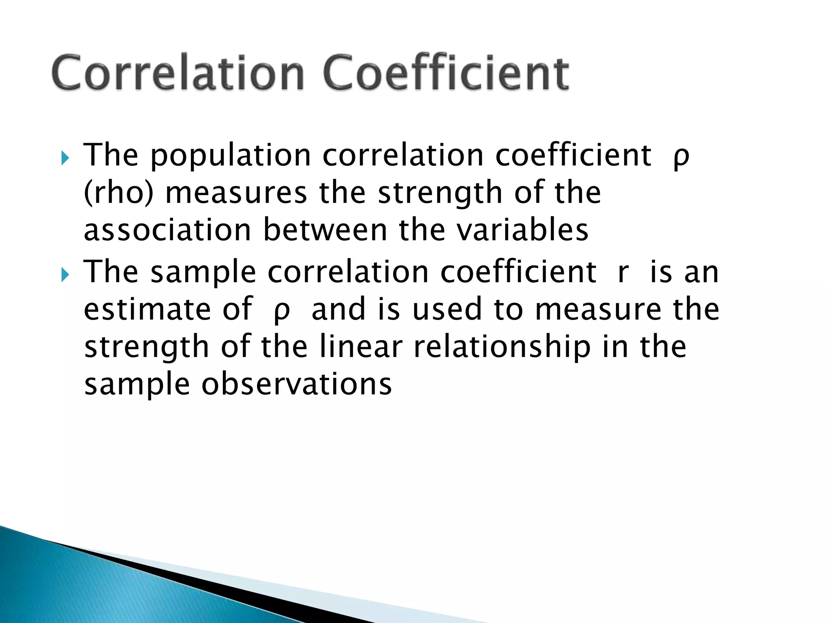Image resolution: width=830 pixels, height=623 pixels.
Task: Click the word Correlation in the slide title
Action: point(178,73)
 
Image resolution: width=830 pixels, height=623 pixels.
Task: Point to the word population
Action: point(231,156)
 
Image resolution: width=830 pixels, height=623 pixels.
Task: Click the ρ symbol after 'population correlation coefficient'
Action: point(681,157)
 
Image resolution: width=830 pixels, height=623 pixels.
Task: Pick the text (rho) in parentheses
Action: point(119,193)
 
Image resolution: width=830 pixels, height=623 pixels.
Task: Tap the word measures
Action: point(236,193)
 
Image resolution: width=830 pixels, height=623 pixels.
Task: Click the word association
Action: point(167,230)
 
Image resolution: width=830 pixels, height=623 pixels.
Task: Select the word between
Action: point(325,230)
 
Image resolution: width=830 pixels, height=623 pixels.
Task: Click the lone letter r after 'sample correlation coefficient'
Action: point(623,273)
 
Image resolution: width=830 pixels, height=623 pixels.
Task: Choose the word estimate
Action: point(147,309)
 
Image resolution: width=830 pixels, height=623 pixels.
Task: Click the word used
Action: point(447,309)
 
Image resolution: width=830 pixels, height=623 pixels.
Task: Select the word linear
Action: point(361,347)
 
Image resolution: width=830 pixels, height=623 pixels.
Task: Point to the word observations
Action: point(297,384)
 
